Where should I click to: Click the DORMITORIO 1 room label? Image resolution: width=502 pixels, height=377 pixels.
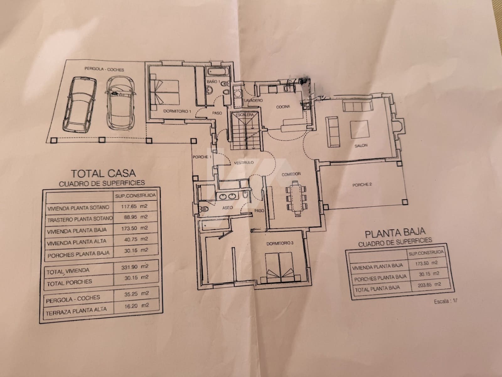click(x=177, y=111)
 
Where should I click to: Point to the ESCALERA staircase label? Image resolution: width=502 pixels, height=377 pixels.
click(x=245, y=115)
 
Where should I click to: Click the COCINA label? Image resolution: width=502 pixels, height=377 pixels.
click(x=283, y=107)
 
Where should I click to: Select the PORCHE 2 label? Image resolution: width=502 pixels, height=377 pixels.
click(x=362, y=185)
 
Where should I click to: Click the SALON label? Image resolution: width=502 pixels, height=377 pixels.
click(x=361, y=146)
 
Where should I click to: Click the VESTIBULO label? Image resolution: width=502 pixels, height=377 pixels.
click(x=244, y=163)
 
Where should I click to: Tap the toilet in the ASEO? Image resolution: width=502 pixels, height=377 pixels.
click(x=204, y=208)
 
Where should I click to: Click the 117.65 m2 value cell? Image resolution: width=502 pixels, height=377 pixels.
click(x=134, y=207)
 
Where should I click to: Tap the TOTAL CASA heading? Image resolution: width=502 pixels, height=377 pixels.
click(x=104, y=173)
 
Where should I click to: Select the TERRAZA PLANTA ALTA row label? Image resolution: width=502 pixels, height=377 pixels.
click(x=76, y=310)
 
